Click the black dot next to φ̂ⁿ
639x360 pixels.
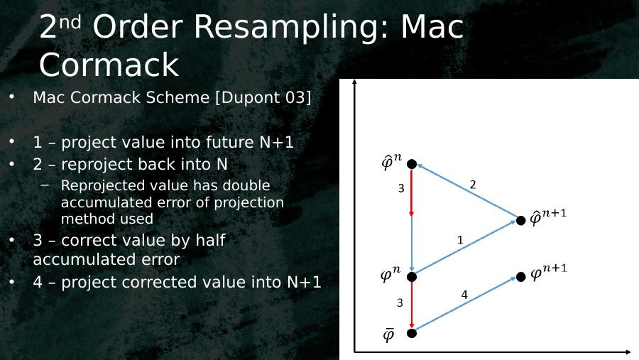(x=412, y=164)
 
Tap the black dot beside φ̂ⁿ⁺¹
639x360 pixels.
(x=521, y=221)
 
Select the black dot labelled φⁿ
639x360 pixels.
(x=412, y=277)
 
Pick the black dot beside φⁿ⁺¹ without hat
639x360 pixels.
(x=521, y=277)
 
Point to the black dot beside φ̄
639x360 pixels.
(x=412, y=333)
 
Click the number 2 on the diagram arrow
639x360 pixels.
(x=473, y=185)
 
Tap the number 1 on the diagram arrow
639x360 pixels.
(x=460, y=240)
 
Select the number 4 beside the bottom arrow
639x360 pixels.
(x=464, y=295)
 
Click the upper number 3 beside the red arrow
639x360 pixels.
(x=401, y=188)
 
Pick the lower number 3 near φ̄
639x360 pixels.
(x=400, y=303)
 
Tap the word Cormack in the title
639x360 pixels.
(x=109, y=65)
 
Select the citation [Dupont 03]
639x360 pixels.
(x=263, y=98)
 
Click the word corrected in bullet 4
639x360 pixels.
(x=162, y=282)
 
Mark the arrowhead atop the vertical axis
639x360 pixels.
(x=354, y=82)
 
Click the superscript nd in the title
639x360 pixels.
(x=70, y=22)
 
